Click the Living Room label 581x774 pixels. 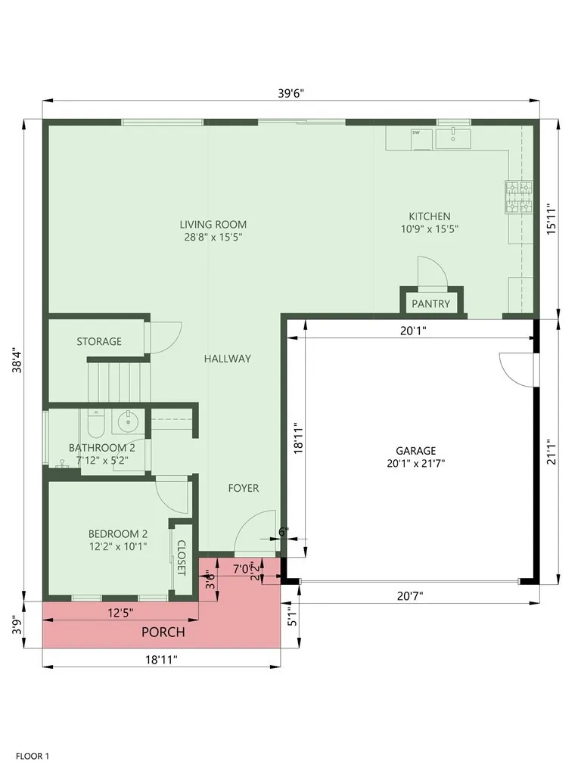point(213,225)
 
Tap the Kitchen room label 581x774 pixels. point(430,216)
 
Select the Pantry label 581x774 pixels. point(430,304)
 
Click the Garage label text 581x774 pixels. point(415,451)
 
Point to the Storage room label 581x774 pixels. point(98,341)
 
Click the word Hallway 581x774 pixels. point(227,359)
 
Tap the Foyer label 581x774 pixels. point(244,488)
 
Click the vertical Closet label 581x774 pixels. point(181,558)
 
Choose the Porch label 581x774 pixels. point(163,632)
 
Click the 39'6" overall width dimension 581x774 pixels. point(290,93)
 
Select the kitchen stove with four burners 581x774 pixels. point(519,196)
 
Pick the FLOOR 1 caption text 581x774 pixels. point(33,755)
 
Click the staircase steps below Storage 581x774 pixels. point(117,382)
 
